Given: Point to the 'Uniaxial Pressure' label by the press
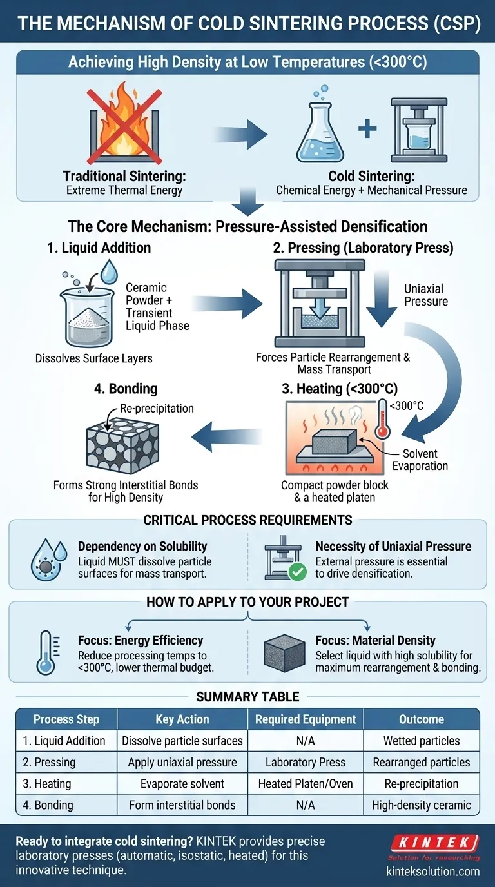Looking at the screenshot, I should pos(426,295).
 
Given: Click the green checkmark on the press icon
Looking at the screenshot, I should pos(297,570).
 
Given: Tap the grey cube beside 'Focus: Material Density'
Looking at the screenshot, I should pos(284,654).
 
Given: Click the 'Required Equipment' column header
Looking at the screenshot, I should pos(306,719).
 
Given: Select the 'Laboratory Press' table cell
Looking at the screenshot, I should pos(306,762).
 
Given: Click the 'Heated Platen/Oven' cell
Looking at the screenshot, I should pos(306,784).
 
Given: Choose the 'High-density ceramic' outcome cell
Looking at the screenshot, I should pos(422,805).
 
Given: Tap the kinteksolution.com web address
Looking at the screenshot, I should pos(433,871).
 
